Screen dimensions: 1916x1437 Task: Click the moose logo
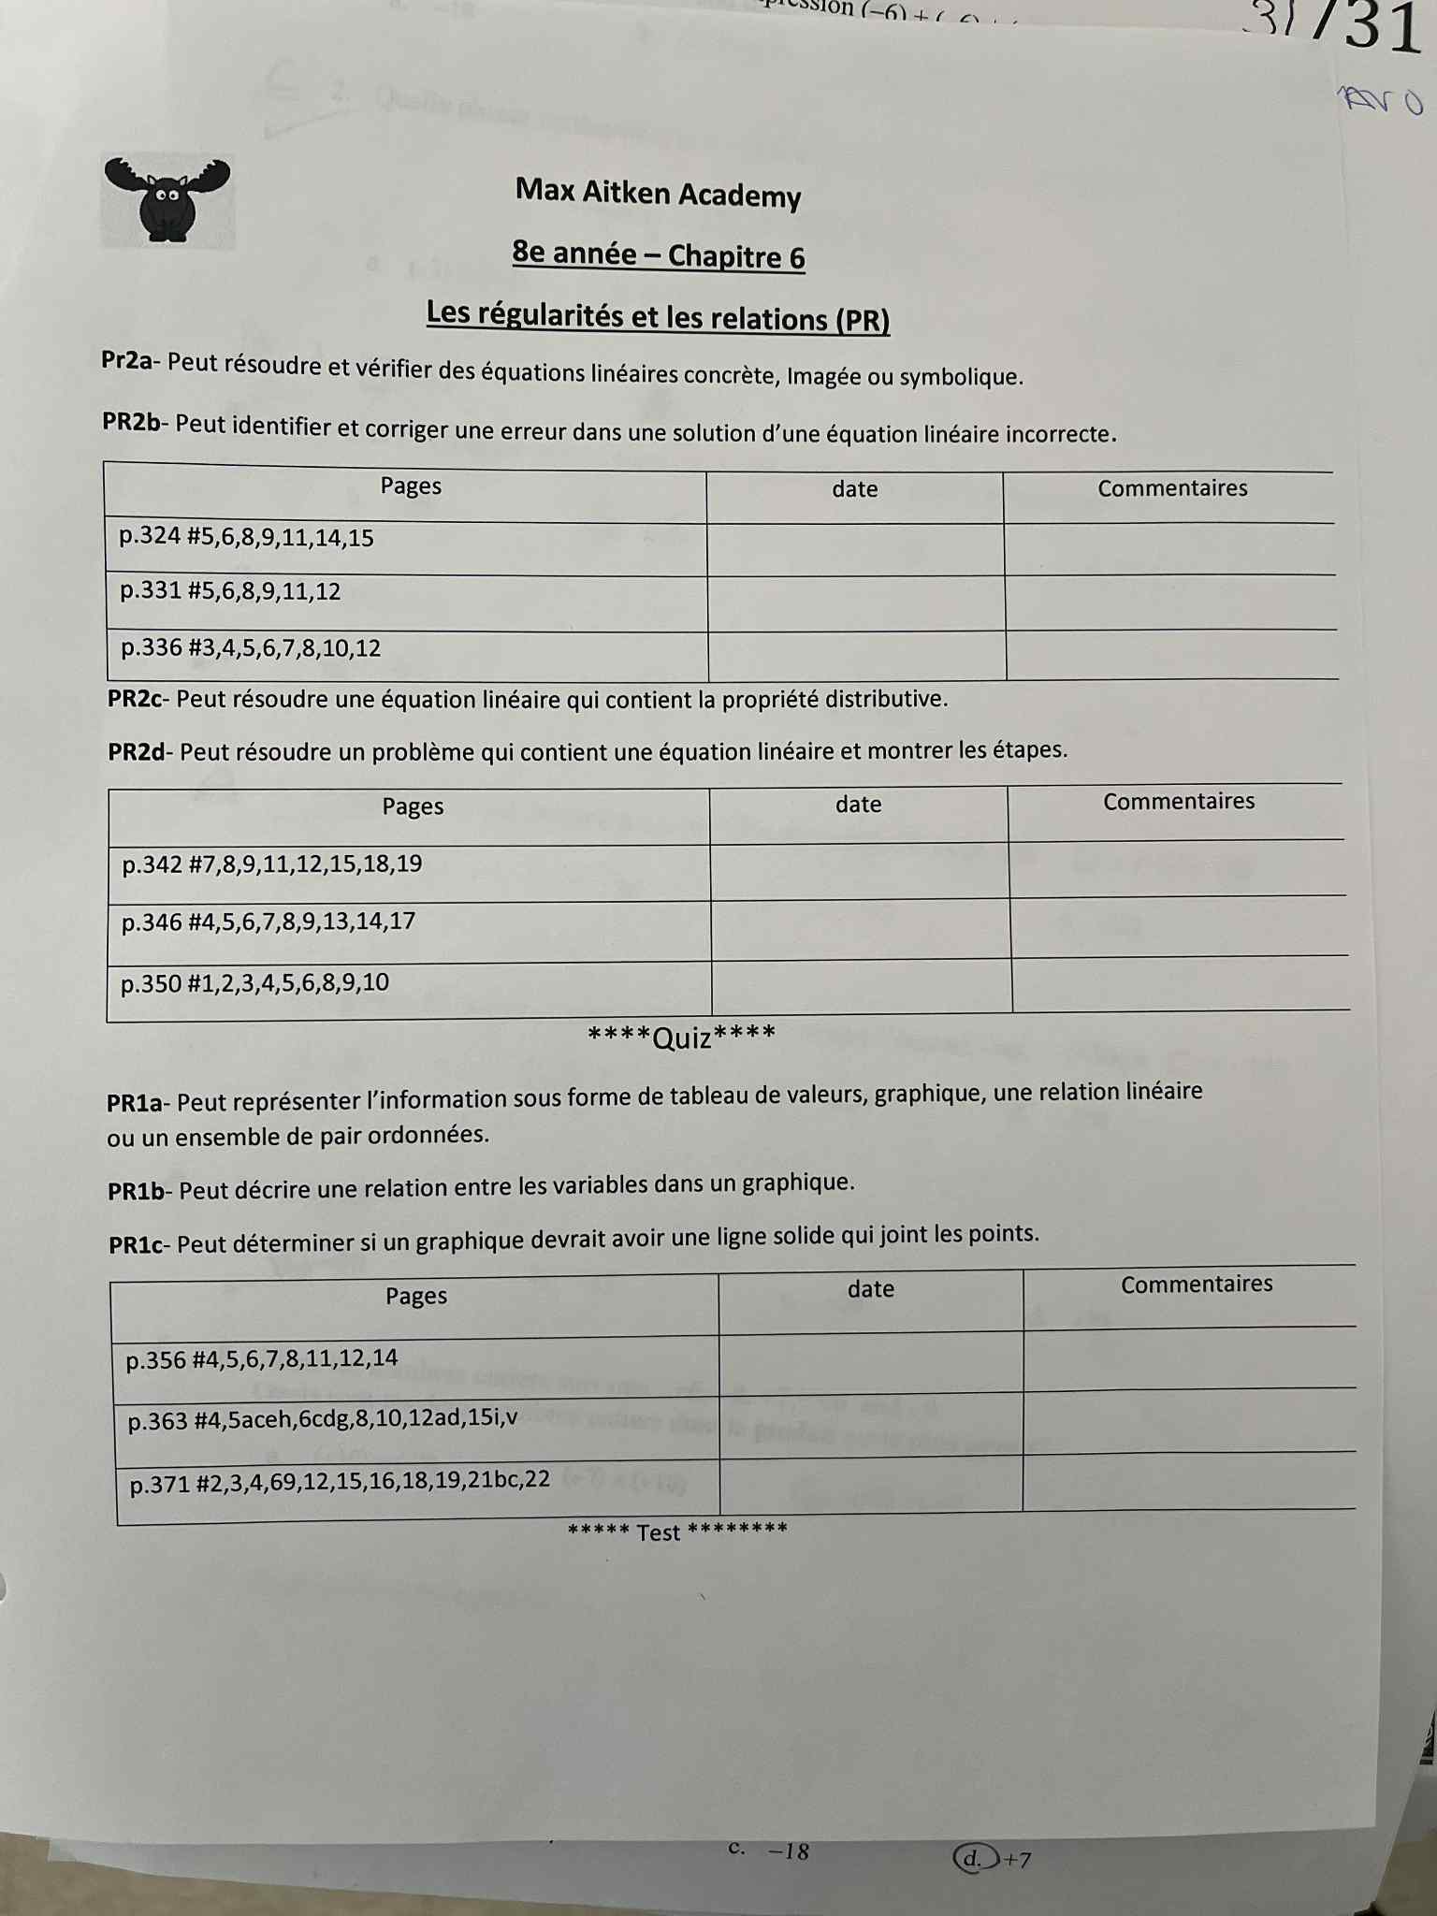coord(167,199)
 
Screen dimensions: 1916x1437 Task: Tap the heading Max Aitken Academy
coord(658,194)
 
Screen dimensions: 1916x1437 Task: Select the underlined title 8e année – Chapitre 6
coord(658,255)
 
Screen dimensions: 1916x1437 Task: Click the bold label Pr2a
coord(126,361)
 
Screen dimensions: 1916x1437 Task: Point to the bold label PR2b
coord(131,423)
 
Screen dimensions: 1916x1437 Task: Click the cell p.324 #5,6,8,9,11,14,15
coord(246,538)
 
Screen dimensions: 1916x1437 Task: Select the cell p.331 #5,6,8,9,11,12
coord(230,592)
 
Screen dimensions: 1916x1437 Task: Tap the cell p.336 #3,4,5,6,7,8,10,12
coord(251,648)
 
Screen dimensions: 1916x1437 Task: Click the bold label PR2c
coord(135,699)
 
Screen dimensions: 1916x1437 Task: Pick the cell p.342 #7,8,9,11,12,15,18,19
coord(271,864)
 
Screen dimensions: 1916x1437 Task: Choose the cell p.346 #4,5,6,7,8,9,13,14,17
coord(269,922)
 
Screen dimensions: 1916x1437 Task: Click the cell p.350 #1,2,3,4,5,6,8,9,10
coord(254,983)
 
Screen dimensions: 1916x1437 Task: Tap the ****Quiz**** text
coord(681,1037)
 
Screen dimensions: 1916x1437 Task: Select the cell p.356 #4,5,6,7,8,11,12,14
coord(262,1358)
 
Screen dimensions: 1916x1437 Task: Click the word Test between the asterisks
coord(658,1532)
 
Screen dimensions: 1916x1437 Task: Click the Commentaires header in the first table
coord(1172,488)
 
